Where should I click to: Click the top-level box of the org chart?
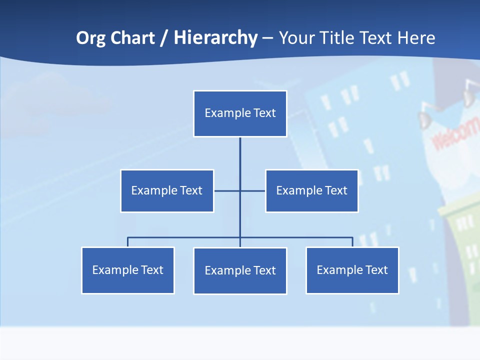coord(240,113)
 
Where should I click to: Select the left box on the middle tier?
coord(167,191)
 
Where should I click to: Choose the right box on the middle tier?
coord(311,191)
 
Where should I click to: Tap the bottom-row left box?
coord(128,270)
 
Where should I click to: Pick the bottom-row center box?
coord(240,271)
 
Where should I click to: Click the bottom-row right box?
coord(352,270)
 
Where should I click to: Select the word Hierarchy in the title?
coord(215,38)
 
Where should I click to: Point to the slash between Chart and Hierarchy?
coord(164,38)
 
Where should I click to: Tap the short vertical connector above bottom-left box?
coord(128,242)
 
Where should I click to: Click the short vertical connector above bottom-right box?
coord(352,242)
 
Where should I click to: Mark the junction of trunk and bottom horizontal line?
coord(240,237)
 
